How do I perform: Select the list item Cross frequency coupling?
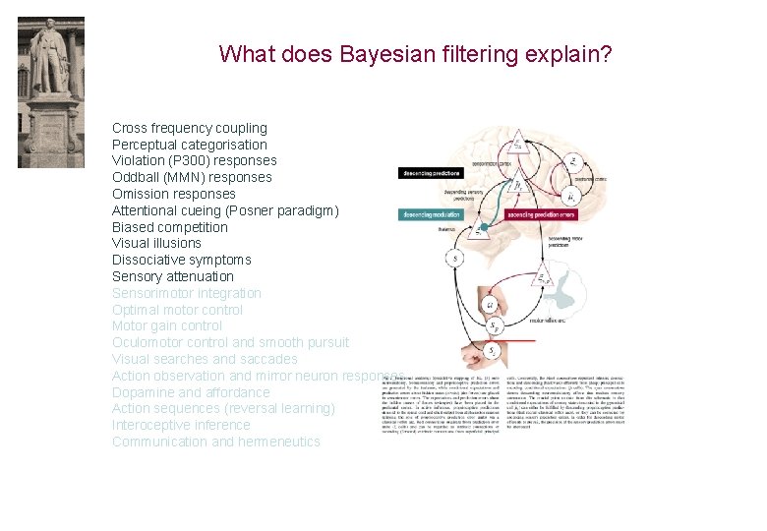click(x=189, y=128)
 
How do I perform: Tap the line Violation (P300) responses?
click(x=194, y=160)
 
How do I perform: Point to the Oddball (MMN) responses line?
click(x=192, y=177)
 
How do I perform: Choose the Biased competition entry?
click(x=169, y=227)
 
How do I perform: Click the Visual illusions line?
click(x=156, y=243)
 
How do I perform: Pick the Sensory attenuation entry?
click(x=172, y=276)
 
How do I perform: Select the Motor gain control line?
click(x=166, y=325)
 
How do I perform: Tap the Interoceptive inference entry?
click(x=181, y=425)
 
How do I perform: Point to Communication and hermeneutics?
click(x=215, y=442)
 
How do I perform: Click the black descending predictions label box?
click(x=431, y=173)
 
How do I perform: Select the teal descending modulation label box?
click(x=431, y=214)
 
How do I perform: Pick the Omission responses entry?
click(x=173, y=194)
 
